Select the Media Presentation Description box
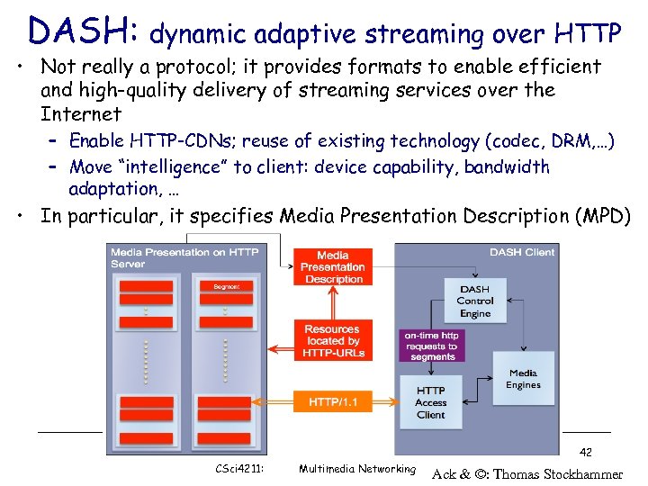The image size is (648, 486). click(332, 267)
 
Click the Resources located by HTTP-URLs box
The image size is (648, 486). click(332, 341)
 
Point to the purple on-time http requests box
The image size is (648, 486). click(432, 346)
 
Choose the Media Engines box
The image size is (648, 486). click(523, 379)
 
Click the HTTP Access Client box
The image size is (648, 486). click(430, 402)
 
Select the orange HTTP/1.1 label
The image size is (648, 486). click(333, 401)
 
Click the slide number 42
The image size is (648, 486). click(585, 452)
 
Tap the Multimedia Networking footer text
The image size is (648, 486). click(356, 469)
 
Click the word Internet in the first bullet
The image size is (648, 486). click(81, 114)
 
